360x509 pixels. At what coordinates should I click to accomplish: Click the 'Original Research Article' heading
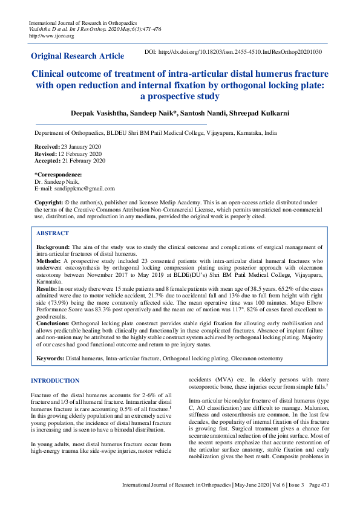pos(73,57)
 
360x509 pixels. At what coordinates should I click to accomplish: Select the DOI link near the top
pos(233,53)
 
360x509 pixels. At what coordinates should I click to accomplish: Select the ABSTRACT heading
pos(52,233)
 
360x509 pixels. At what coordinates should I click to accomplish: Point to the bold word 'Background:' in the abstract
pos(53,248)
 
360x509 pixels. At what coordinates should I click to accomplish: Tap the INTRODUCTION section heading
pos(54,381)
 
